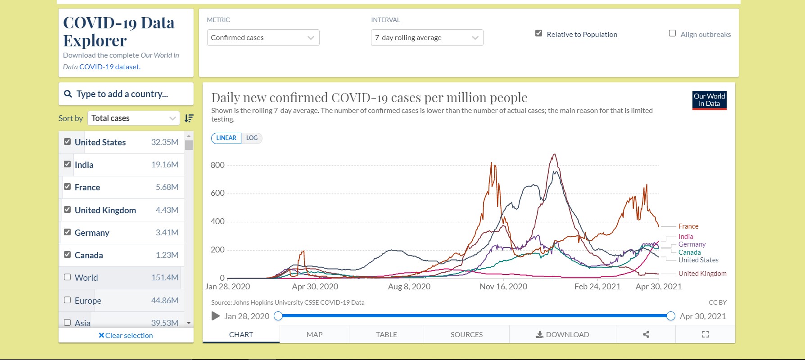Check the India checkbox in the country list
(x=68, y=164)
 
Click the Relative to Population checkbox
(x=538, y=33)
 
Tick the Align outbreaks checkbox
(x=672, y=33)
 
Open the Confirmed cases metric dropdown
(x=263, y=38)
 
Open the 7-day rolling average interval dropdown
(x=427, y=38)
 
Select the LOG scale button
(x=252, y=138)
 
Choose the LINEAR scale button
(x=226, y=138)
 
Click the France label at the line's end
(x=688, y=226)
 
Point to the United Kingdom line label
(x=702, y=274)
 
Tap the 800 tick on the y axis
(x=217, y=165)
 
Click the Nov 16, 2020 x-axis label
(x=503, y=287)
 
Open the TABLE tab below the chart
(x=386, y=335)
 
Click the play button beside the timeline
(x=216, y=316)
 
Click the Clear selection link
(x=126, y=336)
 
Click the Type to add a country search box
(x=126, y=94)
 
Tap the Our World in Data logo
(x=709, y=100)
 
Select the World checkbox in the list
(x=68, y=277)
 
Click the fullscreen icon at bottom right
(x=706, y=334)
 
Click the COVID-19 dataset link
(x=109, y=67)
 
